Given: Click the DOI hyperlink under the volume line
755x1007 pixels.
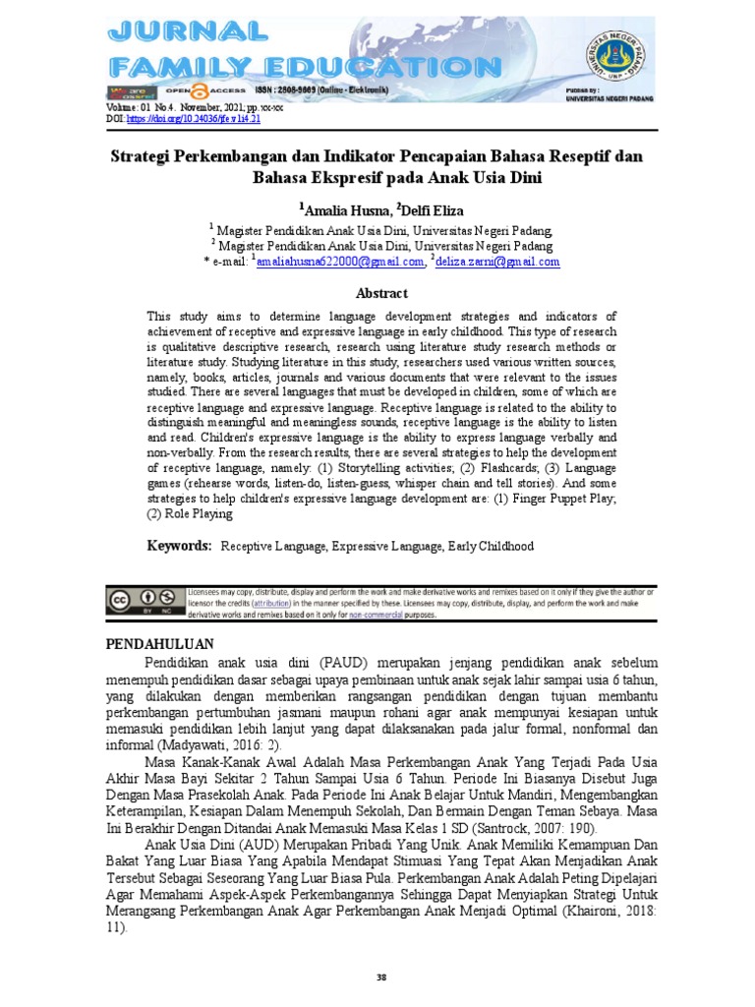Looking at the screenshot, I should click(x=207, y=118).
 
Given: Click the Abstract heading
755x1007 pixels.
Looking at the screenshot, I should click(x=380, y=293).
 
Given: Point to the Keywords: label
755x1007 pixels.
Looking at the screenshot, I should click(x=180, y=545).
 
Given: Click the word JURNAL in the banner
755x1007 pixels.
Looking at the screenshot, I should click(x=187, y=31).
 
